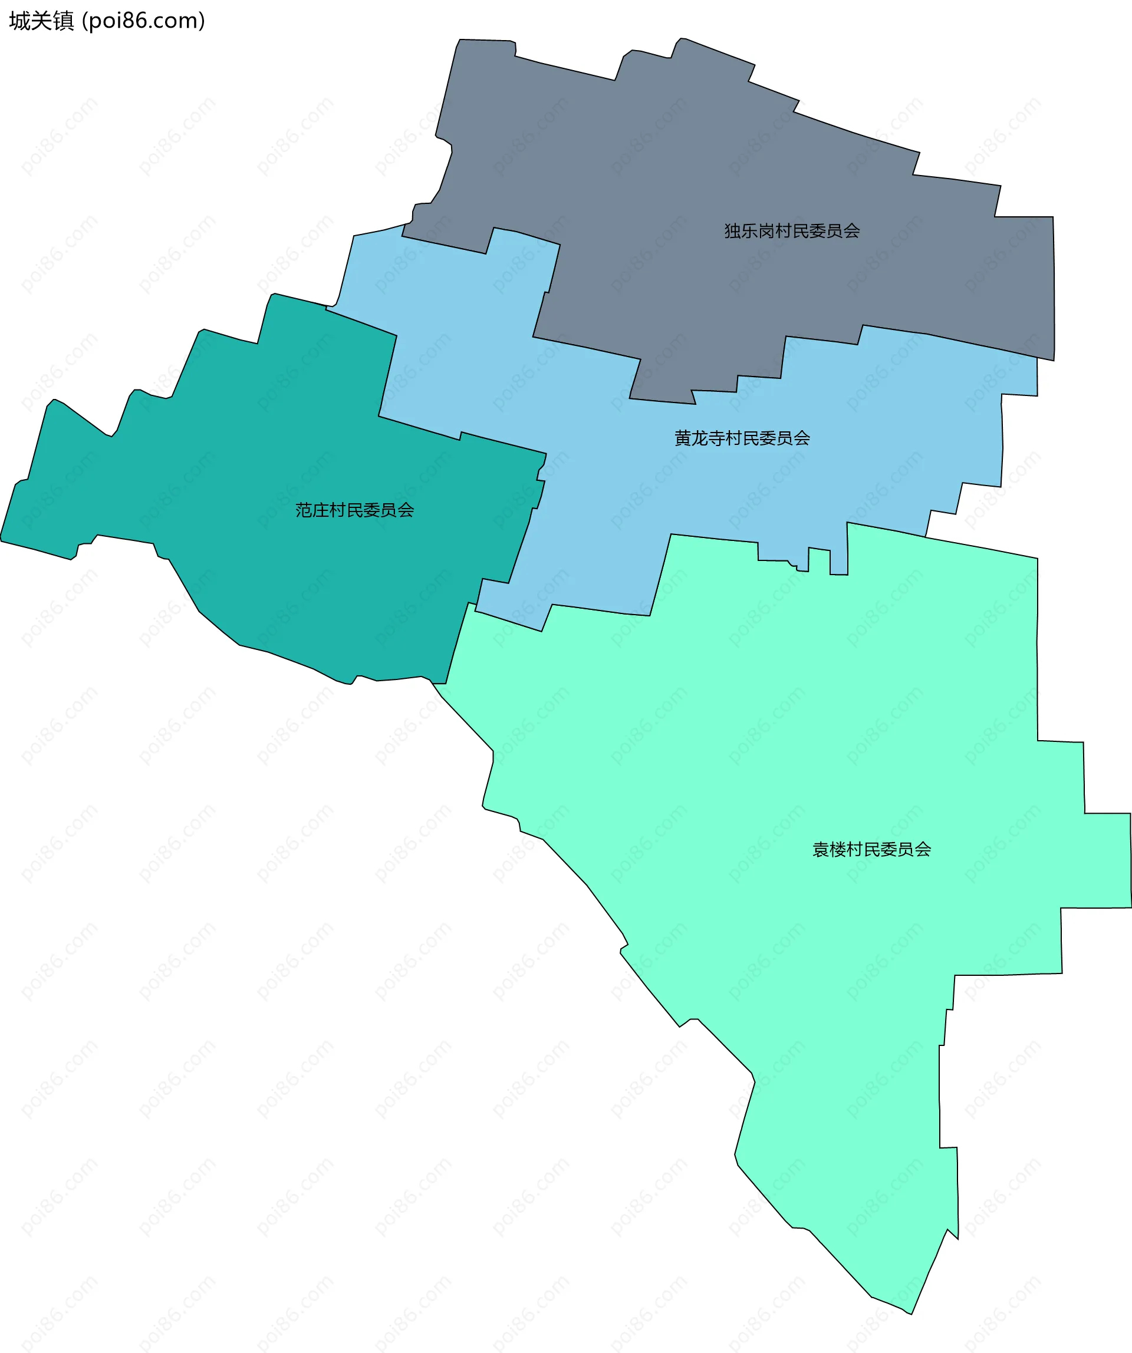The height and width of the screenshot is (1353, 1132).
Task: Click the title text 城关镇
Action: coord(41,21)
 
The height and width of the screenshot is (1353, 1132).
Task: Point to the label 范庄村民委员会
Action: coord(354,510)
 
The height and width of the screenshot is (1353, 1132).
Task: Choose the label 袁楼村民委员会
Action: coord(871,850)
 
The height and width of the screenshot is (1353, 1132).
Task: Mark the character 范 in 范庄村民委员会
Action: coord(304,510)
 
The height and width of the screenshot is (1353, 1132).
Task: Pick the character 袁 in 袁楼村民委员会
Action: coord(821,850)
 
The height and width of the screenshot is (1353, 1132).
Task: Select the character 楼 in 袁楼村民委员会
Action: coord(837,850)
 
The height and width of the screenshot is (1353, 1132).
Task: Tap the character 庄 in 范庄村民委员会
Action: coord(320,510)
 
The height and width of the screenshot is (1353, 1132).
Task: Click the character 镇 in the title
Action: coord(63,21)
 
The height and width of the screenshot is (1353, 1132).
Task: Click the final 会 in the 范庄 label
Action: coord(406,510)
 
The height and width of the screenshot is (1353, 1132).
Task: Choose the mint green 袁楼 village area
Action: coord(806,709)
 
